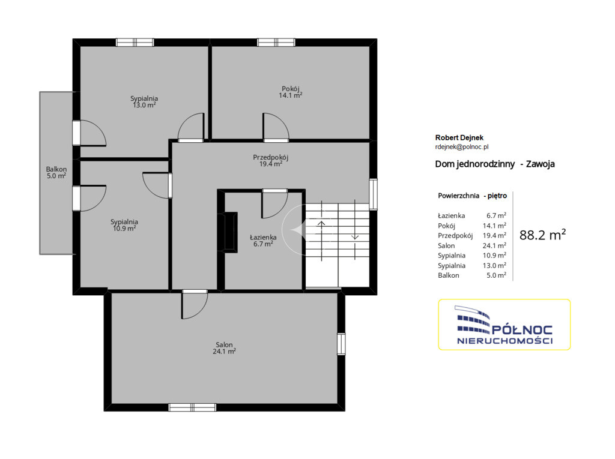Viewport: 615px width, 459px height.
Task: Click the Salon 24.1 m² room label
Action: coord(224,348)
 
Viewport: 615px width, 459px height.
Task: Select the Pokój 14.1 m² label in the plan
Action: coord(290,92)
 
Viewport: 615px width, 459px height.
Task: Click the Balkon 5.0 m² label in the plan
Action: coord(56,172)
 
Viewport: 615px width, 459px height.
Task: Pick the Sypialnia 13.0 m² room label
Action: coord(144,101)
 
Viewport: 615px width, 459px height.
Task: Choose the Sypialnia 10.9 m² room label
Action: coord(124,225)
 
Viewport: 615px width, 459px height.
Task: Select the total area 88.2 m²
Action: coord(542,235)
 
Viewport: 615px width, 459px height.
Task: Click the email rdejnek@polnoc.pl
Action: coord(462,147)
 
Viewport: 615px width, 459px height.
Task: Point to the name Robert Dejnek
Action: coord(459,137)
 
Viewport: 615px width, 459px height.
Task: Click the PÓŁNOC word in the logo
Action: coord(522,330)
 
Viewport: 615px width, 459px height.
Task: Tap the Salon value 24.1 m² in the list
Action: coord(494,245)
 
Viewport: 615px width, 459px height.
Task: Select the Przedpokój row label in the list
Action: coord(455,236)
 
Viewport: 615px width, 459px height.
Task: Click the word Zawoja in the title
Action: coord(540,164)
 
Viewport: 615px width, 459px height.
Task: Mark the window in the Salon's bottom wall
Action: coord(192,407)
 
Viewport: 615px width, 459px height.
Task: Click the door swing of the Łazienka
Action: coord(274,204)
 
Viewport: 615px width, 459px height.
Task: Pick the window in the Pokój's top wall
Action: coord(276,43)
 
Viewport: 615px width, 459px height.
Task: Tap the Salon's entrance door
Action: coord(195,304)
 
